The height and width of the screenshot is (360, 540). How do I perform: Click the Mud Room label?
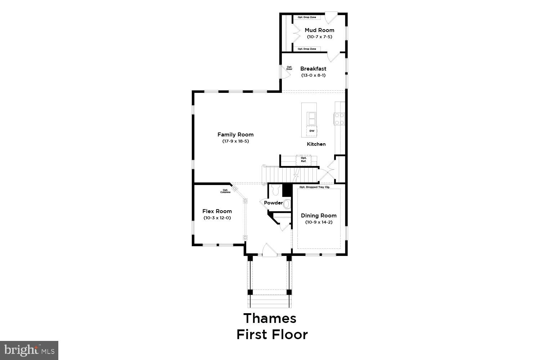point(319,30)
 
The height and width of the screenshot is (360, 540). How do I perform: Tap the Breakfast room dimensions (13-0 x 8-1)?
point(313,75)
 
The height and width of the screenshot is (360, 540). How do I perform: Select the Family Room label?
point(235,135)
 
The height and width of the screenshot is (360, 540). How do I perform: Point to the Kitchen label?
point(316,144)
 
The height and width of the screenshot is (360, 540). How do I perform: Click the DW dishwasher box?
point(312,131)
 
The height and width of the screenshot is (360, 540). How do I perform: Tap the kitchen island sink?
point(311,118)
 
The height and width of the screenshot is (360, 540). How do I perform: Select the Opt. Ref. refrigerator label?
point(303,159)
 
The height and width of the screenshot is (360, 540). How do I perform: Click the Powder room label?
point(273,203)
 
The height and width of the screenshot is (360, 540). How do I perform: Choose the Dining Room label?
point(319,216)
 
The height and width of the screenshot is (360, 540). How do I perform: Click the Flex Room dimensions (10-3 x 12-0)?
point(217,218)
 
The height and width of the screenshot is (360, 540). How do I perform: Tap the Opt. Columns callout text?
point(225,191)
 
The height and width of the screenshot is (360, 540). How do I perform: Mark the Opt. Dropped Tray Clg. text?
point(315,187)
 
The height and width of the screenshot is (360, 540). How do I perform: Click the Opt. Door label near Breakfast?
point(289,68)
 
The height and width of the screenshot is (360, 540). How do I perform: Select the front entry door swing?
point(268,250)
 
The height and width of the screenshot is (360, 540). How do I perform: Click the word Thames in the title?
point(270,318)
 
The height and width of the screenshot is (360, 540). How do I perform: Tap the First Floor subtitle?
point(272,334)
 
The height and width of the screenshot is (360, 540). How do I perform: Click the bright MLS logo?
point(29,350)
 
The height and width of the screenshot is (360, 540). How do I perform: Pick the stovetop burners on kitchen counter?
point(340,119)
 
